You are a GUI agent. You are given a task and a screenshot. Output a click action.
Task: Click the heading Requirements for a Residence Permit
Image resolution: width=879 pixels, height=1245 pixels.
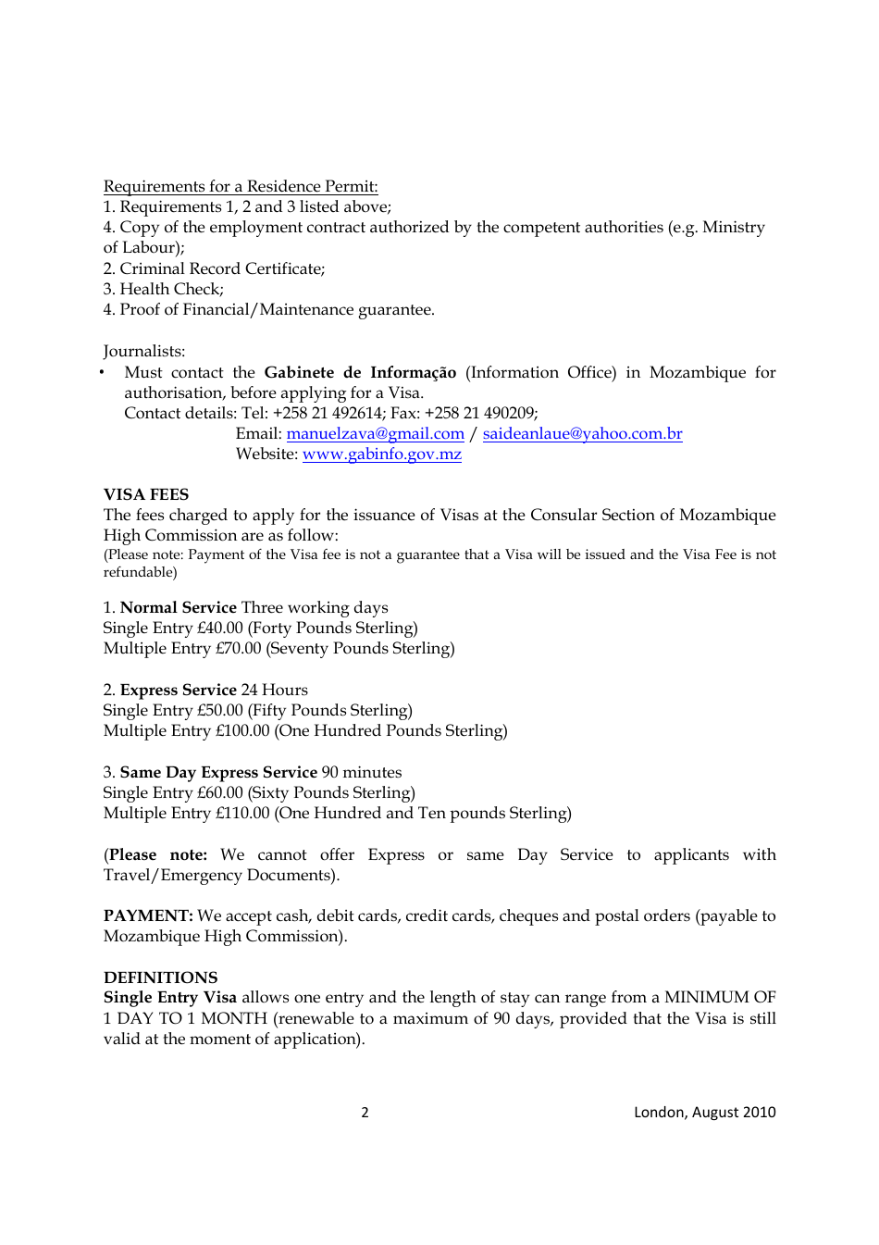(241, 186)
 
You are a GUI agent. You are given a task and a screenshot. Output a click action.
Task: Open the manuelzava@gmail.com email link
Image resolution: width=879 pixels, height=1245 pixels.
(375, 433)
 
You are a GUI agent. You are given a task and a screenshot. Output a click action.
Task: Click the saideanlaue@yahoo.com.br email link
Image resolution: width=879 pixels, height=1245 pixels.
(582, 433)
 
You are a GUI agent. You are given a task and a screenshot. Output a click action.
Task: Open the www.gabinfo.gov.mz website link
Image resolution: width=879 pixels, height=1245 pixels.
(381, 454)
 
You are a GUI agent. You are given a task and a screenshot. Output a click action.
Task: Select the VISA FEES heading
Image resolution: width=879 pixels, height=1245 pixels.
(146, 494)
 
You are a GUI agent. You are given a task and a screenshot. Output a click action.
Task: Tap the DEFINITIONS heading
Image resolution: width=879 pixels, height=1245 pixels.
(161, 977)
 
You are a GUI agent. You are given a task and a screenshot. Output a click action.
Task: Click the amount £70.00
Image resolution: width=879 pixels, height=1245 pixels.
(239, 648)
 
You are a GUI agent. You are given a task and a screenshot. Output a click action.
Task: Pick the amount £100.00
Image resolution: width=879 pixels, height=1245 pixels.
(242, 730)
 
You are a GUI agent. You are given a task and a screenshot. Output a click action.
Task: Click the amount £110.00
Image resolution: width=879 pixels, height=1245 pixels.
(242, 813)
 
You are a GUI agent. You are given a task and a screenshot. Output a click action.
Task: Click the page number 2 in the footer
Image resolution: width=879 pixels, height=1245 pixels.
(365, 1112)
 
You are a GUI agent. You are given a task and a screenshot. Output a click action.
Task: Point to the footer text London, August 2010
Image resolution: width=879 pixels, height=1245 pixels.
(704, 1112)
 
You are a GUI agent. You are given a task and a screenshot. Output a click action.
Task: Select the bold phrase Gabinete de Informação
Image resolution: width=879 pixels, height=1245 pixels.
(360, 372)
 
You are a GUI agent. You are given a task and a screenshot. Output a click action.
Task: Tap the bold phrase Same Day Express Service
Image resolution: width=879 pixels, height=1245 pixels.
(218, 772)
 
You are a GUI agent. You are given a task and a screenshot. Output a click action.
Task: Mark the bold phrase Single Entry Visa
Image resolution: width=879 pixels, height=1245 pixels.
(170, 997)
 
